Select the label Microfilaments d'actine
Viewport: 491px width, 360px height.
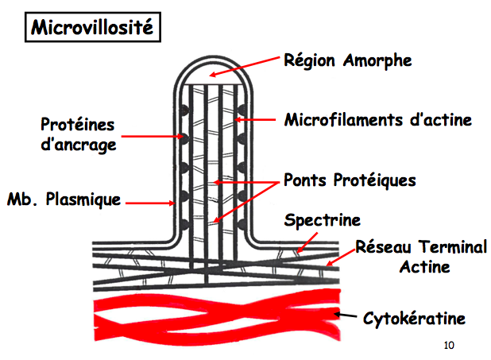(x=378, y=120)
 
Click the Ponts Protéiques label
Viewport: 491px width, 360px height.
(x=350, y=180)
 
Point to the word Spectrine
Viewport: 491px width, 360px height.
(x=322, y=219)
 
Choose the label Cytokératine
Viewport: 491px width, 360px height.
(x=413, y=319)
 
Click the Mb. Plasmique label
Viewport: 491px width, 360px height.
(x=64, y=199)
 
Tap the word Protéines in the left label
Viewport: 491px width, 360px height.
(x=78, y=126)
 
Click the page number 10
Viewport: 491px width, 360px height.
(x=448, y=345)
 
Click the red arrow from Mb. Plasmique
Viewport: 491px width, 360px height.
(x=149, y=203)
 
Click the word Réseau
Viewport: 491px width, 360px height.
(x=381, y=247)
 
